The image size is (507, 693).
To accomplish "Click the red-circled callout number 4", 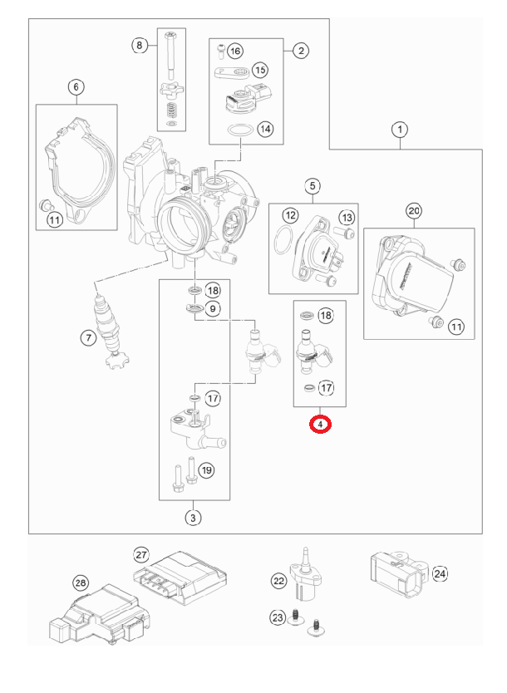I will [x=320, y=425].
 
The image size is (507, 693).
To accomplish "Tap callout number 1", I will [x=401, y=130].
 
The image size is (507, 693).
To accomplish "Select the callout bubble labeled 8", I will [x=140, y=44].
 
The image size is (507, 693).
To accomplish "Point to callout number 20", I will [x=414, y=211].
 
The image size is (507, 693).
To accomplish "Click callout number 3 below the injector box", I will [x=193, y=519].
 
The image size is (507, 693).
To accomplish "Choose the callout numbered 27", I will [x=140, y=554].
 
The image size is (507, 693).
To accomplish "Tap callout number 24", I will [x=440, y=573].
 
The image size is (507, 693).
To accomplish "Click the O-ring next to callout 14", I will [x=241, y=131].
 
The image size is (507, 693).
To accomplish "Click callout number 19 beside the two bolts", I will [x=206, y=470].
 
